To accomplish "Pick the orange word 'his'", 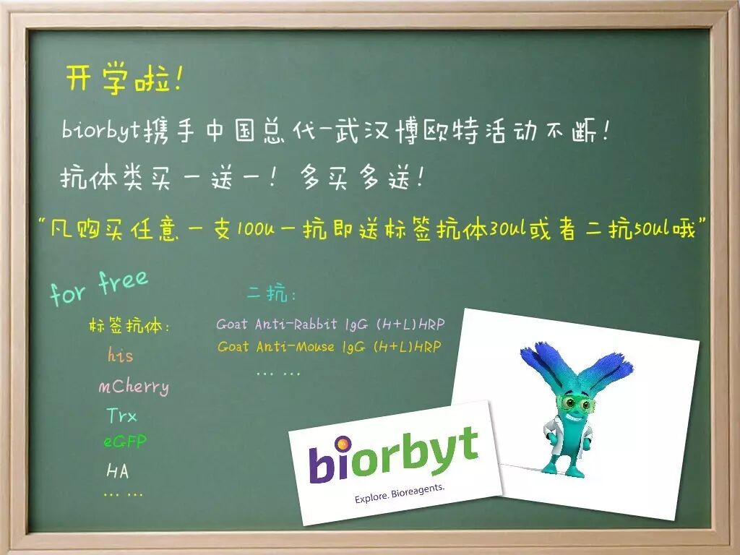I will point(121,356).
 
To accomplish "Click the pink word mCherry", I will point(134,387).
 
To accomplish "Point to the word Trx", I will point(121,416).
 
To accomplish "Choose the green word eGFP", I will point(125,442).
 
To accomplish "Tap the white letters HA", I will point(118,471).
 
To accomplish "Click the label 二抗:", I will point(272,295).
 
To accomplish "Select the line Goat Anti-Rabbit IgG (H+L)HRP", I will point(330,324).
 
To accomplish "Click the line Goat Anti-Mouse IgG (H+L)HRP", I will point(330,347).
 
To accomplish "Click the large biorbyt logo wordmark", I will point(393,455).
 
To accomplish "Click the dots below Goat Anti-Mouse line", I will point(278,373).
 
